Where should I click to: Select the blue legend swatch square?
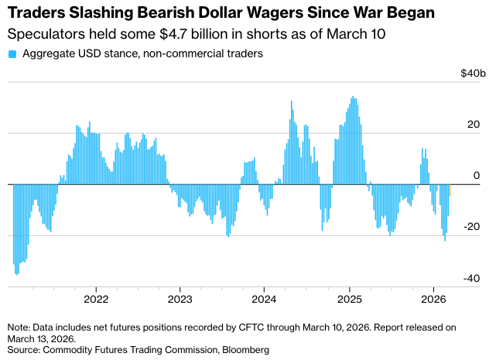click(12, 54)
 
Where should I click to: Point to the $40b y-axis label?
click(473, 74)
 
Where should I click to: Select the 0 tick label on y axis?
click(477, 176)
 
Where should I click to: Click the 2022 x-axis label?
click(95, 299)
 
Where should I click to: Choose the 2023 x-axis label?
click(180, 299)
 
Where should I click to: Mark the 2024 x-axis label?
click(265, 299)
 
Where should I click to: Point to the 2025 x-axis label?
click(349, 299)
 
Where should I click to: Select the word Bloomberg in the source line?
click(245, 350)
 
